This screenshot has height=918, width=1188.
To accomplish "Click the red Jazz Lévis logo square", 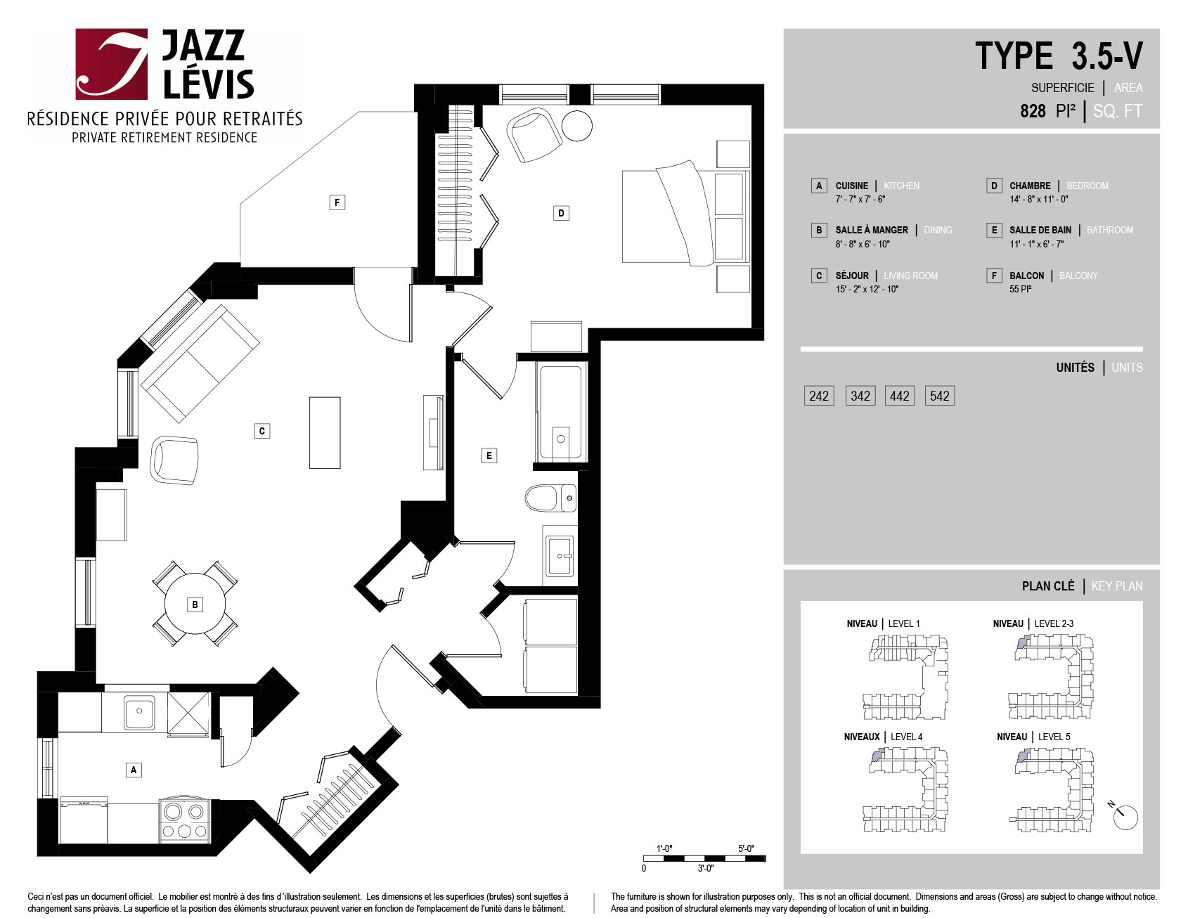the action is tap(112, 64).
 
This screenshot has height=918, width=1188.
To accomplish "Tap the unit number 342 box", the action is tap(860, 396).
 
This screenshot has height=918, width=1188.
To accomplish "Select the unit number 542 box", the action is tap(940, 396).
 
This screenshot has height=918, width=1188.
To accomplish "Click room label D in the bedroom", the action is tap(561, 213).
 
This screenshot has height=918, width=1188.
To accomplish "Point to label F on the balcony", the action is tap(337, 202).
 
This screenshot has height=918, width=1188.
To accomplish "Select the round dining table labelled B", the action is tap(195, 604).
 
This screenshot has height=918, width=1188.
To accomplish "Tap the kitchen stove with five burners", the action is tap(184, 820).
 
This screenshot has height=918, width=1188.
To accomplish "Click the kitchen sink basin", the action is tap(139, 713).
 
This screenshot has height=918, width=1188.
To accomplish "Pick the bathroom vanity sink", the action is tap(560, 555).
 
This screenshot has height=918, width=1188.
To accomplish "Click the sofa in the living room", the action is tap(200, 363).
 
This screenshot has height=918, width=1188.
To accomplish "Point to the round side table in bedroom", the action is tap(577, 126).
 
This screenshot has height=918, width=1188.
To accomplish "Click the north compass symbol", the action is tap(1124, 816).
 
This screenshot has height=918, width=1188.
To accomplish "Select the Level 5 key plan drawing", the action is tap(1052, 790).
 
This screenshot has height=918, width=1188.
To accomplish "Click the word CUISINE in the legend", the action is tap(852, 186).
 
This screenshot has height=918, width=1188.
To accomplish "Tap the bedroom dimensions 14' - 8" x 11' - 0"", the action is tap(1039, 200).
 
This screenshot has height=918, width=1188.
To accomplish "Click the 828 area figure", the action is tap(1033, 111).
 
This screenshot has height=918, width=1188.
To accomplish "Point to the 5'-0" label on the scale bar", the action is tap(746, 848).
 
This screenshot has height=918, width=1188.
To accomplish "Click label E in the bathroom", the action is tap(489, 455).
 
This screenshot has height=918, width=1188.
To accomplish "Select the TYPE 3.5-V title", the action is tap(1059, 56).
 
